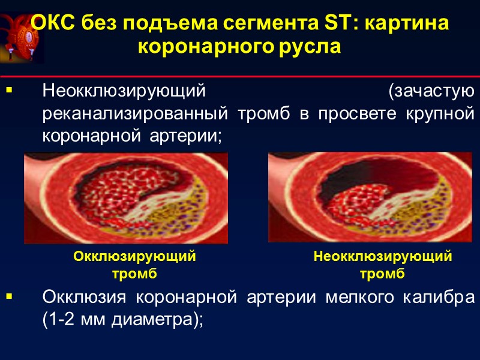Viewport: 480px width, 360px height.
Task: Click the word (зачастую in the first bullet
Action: pos(431,92)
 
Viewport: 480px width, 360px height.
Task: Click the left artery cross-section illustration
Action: pos(126,198)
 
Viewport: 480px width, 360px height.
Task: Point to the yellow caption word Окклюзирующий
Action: pos(134,257)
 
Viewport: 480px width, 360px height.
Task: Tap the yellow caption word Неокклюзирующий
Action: pos(383,257)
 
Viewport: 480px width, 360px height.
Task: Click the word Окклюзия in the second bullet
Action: pos(85,298)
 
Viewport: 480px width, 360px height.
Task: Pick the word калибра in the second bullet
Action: pos(439,298)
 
